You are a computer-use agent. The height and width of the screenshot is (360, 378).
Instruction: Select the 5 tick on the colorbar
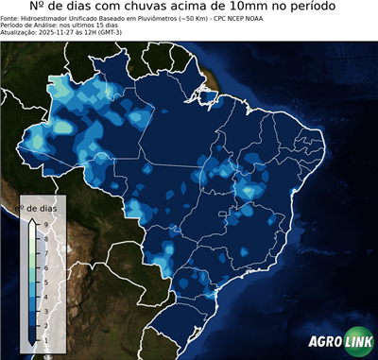click(x=44, y=282)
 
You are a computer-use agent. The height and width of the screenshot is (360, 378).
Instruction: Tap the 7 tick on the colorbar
click(x=44, y=253)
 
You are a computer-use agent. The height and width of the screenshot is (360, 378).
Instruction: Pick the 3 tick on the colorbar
click(x=44, y=310)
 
